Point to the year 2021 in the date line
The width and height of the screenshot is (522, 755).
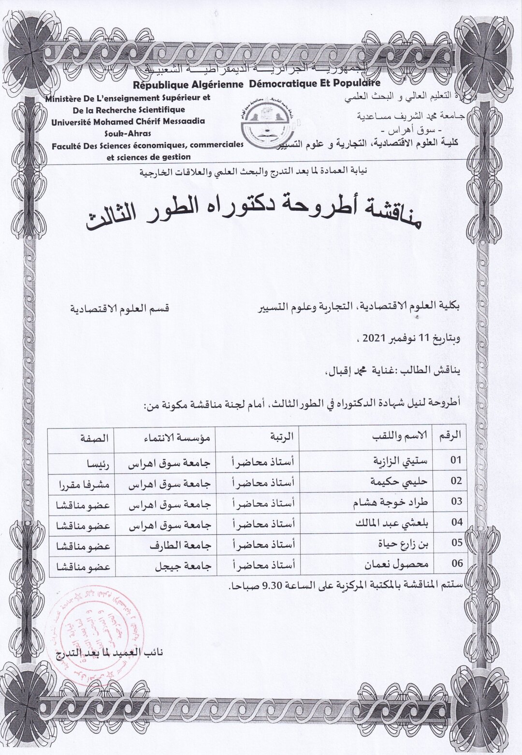click(381, 338)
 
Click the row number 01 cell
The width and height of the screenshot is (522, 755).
click(456, 460)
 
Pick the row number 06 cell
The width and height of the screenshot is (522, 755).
click(456, 563)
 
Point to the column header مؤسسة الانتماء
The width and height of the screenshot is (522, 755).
click(173, 435)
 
